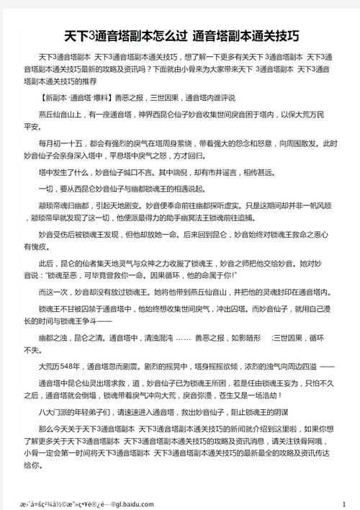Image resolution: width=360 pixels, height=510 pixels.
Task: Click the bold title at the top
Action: coord(180,35)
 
